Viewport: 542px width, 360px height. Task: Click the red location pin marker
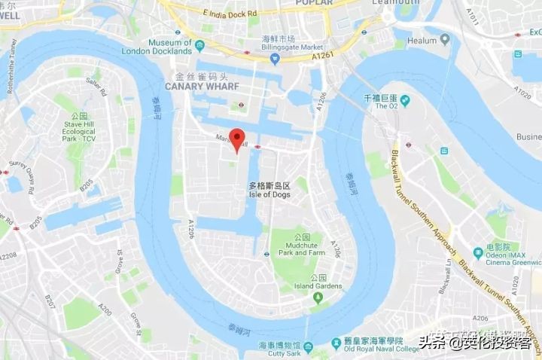coord(237,139)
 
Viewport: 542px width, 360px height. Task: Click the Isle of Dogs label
coord(269,194)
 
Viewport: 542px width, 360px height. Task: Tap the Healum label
coord(422,40)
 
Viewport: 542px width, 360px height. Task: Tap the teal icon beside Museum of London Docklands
coord(199,45)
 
